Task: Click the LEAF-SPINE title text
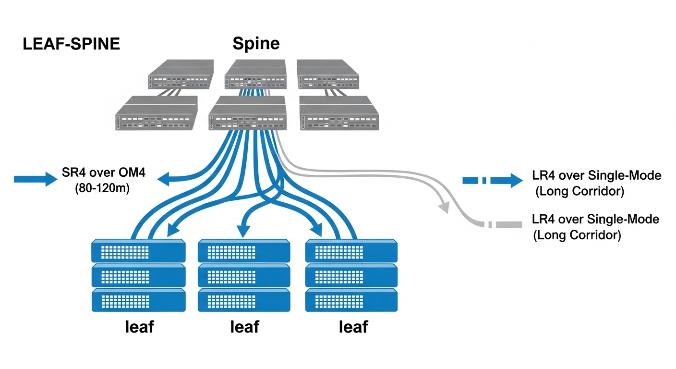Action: click(x=72, y=45)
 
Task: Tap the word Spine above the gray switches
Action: click(x=256, y=44)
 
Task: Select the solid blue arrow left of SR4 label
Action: click(x=36, y=179)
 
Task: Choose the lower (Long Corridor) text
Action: click(x=577, y=235)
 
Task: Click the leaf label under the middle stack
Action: click(x=245, y=327)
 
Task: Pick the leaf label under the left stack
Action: click(x=139, y=327)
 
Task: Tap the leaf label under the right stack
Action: click(x=353, y=327)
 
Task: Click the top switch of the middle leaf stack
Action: click(x=244, y=250)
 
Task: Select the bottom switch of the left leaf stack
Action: click(x=138, y=300)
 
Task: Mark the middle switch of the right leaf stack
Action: click(x=351, y=275)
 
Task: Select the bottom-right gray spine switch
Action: click(x=339, y=113)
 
